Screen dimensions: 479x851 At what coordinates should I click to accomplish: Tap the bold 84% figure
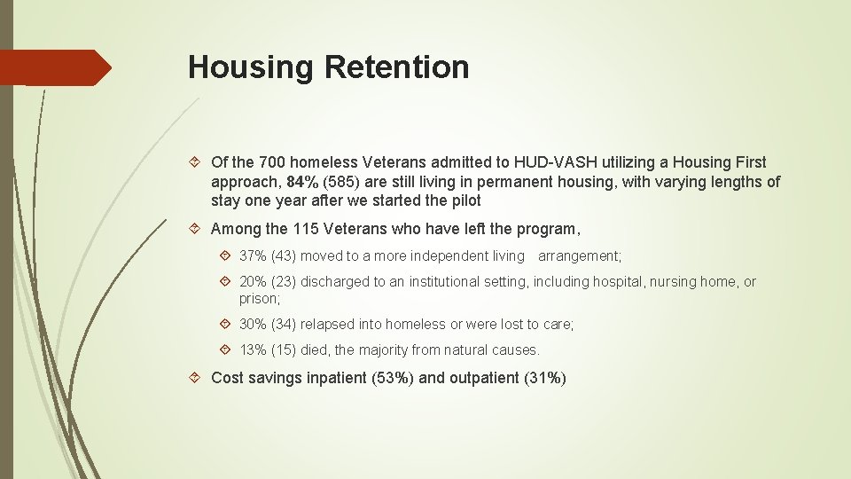pyautogui.click(x=304, y=182)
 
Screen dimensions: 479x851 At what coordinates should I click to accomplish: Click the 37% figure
pyautogui.click(x=254, y=256)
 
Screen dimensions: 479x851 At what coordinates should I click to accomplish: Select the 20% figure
pyautogui.click(x=254, y=282)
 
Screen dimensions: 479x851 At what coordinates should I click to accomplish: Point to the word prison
pyautogui.click(x=258, y=299)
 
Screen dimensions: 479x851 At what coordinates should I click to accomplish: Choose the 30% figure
pyautogui.click(x=254, y=325)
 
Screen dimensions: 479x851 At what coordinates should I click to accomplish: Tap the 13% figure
pyautogui.click(x=254, y=350)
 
